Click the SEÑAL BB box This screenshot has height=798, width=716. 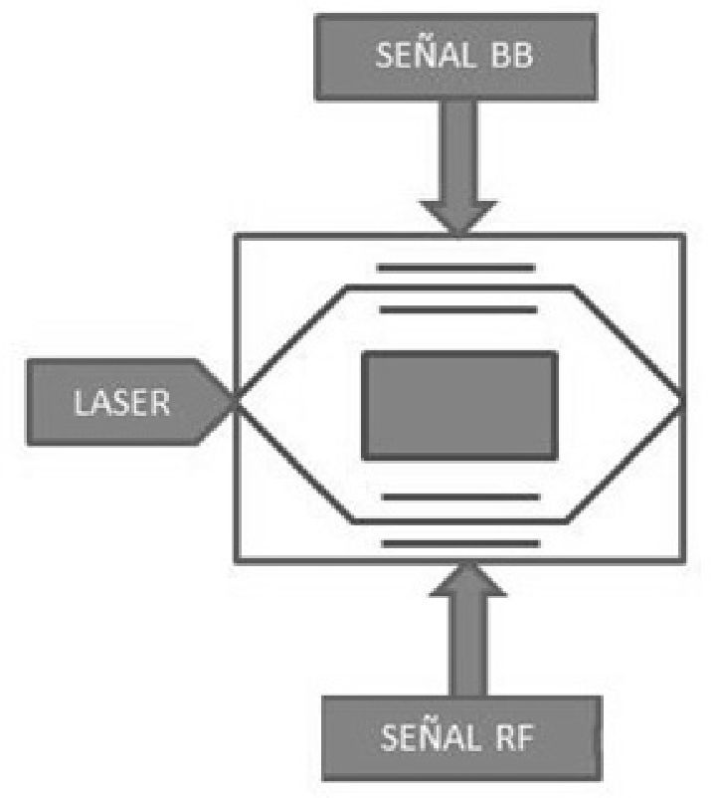coord(454,54)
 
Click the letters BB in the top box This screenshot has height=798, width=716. coord(509,55)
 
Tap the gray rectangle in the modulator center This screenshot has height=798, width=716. coord(458,406)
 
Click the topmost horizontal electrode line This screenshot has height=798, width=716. coord(456,267)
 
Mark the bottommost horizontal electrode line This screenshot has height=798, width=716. coord(461,543)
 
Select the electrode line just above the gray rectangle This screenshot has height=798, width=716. coord(458,310)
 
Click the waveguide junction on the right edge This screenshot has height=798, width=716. coord(682,402)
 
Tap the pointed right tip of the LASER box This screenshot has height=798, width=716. coord(233,402)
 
